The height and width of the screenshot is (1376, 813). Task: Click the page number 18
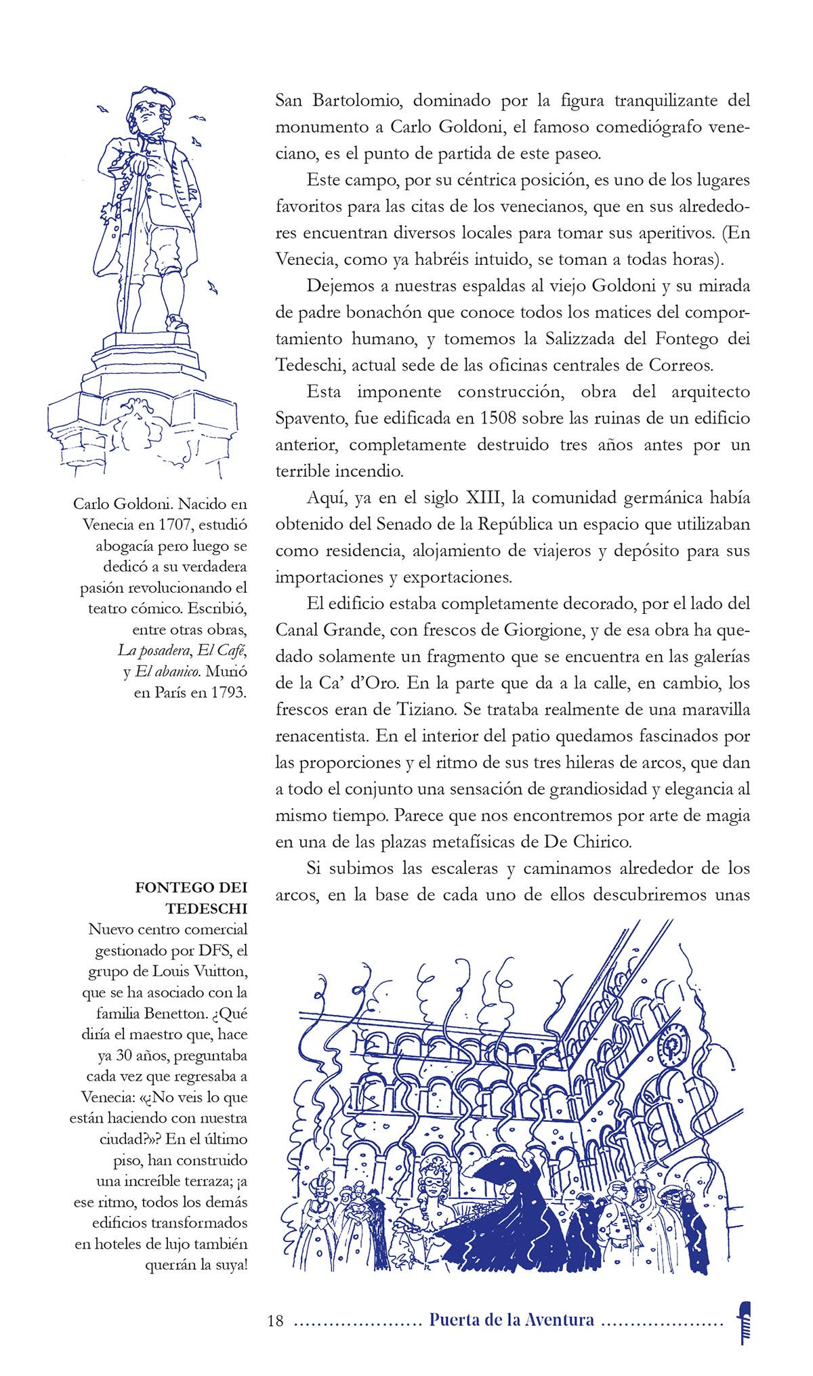[x=275, y=1320]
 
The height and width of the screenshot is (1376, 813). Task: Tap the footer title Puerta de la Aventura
[x=512, y=1320]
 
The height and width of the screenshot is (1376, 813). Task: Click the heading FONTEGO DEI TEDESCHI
[x=192, y=898]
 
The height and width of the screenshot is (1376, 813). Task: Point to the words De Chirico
[x=587, y=842]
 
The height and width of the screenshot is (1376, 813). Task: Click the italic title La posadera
[x=154, y=650]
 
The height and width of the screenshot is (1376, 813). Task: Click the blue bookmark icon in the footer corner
[x=745, y=1322]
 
